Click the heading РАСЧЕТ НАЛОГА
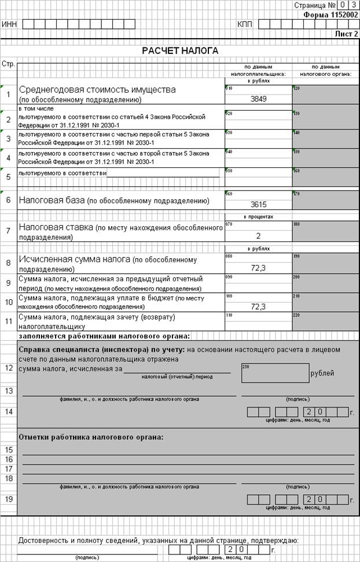[x=180, y=51]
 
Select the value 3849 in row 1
[x=259, y=99]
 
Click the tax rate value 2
[x=259, y=236]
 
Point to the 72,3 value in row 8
[x=259, y=269]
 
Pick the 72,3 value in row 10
[x=259, y=307]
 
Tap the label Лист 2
[x=347, y=34]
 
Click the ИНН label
[x=9, y=24]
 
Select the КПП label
[x=245, y=24]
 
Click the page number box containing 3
[x=353, y=5]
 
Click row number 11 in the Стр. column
[x=9, y=321]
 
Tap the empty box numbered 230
[x=274, y=374]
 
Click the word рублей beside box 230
[x=322, y=373]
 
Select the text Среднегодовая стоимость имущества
[x=97, y=90]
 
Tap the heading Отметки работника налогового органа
[x=91, y=436]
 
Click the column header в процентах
[x=259, y=216]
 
